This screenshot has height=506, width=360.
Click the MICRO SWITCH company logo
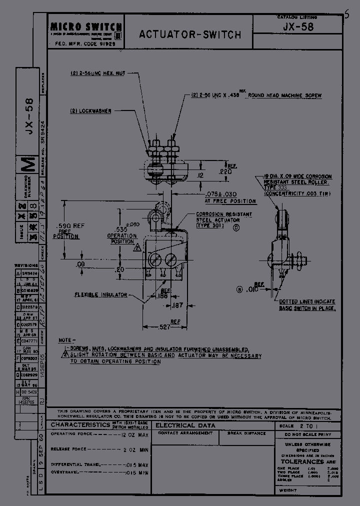85,28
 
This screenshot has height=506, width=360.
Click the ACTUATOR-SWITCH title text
190,34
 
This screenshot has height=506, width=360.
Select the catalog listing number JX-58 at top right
298,27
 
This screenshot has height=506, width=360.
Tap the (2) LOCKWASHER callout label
90,110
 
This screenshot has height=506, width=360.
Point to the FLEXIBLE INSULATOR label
100,294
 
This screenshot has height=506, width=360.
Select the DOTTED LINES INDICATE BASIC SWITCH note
307,305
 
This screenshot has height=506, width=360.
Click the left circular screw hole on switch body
154,259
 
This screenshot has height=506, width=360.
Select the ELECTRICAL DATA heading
185,425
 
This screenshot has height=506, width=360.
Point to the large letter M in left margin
29,164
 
